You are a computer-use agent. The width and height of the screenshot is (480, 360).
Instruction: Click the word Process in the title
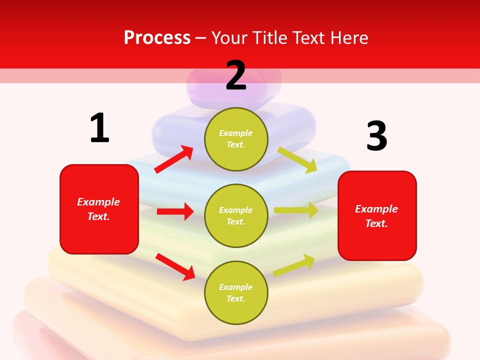(157, 38)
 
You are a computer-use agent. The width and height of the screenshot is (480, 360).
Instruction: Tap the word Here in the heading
(348, 38)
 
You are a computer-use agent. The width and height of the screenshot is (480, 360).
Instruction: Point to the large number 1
(99, 128)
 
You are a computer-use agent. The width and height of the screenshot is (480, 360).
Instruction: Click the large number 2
(236, 75)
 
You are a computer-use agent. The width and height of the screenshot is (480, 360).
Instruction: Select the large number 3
(376, 136)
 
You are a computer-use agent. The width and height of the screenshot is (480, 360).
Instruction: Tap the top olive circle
(236, 139)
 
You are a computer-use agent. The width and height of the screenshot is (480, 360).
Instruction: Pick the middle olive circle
(236, 215)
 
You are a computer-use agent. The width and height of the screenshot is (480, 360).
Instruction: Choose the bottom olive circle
(236, 292)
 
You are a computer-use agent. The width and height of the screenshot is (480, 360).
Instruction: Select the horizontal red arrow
(175, 211)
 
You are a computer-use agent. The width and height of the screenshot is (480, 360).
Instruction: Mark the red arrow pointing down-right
(175, 266)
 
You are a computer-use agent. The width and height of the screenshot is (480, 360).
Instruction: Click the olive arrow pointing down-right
(297, 159)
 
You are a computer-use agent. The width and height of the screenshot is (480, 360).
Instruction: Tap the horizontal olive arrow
(296, 210)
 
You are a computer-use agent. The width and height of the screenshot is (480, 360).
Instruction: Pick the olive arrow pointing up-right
(294, 265)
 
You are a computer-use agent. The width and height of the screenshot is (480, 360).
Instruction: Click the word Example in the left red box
(98, 202)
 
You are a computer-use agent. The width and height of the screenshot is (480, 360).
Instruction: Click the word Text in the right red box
(375, 223)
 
